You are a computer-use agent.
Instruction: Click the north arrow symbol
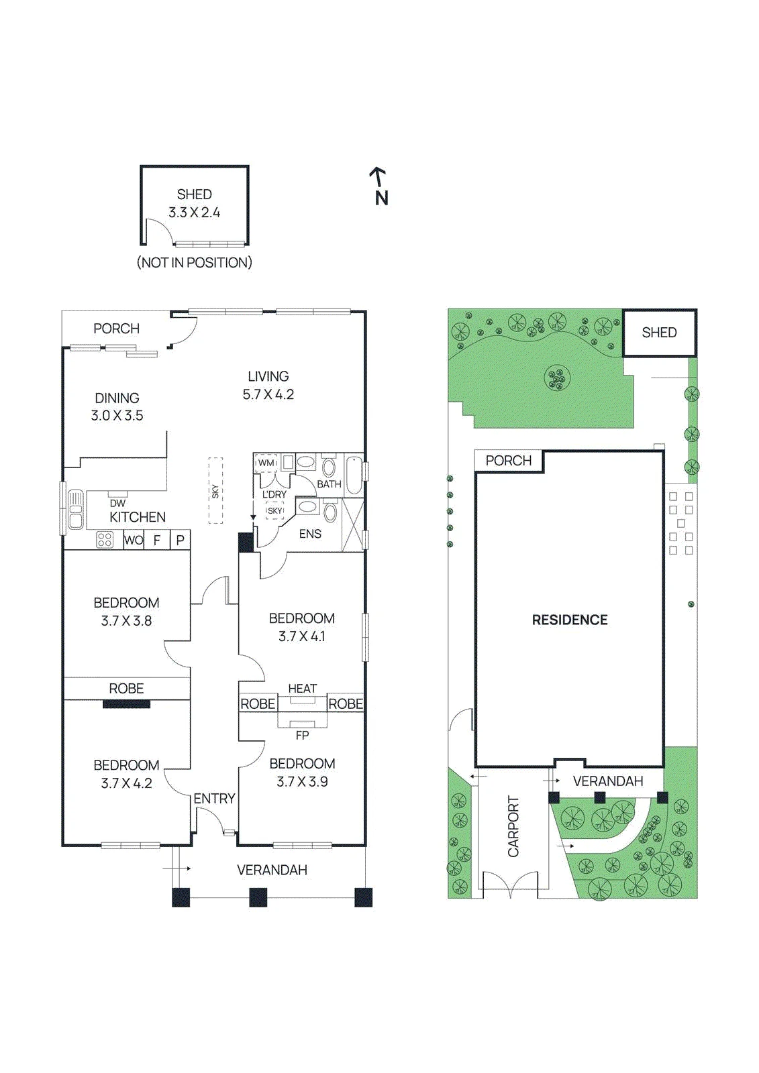click(x=381, y=186)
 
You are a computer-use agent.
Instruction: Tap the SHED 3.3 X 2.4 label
click(x=194, y=203)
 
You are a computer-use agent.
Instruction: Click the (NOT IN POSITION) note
click(x=194, y=262)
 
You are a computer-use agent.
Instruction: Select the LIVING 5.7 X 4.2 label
click(x=268, y=385)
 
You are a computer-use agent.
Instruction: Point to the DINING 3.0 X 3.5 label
click(x=117, y=406)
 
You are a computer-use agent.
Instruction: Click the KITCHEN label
click(x=138, y=517)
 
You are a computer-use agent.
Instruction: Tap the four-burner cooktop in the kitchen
click(x=105, y=540)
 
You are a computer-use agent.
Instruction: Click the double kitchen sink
click(x=75, y=509)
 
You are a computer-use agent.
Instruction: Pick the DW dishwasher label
click(x=117, y=503)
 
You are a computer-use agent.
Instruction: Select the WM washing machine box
click(x=266, y=463)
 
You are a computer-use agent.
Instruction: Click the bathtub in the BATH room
click(x=354, y=475)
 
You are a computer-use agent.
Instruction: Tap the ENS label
click(x=310, y=534)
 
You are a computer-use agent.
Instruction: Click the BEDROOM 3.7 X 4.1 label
click(x=301, y=627)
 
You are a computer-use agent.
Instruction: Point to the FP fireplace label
click(x=302, y=735)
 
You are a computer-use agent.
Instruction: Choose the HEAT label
click(x=302, y=688)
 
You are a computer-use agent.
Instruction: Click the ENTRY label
click(x=214, y=799)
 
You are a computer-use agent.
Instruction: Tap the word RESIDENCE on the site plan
click(x=570, y=620)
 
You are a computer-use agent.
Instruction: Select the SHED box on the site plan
click(x=659, y=333)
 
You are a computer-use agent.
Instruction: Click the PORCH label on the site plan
click(x=508, y=460)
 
